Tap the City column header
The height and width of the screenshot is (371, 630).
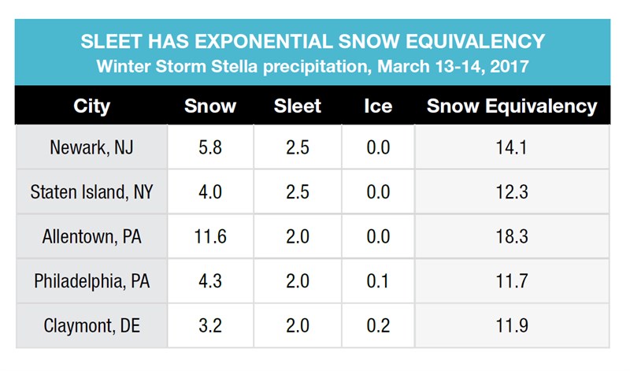tap(91, 106)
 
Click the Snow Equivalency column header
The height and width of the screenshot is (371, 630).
tap(512, 106)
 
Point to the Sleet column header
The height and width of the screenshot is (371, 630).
tap(298, 106)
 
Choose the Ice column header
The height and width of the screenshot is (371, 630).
tap(378, 106)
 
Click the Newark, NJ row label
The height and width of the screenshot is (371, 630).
tap(91, 147)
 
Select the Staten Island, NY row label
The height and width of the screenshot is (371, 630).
tap(91, 191)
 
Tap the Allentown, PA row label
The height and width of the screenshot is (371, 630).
tap(91, 236)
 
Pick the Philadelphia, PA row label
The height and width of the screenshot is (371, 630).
tap(91, 281)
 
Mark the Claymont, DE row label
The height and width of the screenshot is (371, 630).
tap(91, 325)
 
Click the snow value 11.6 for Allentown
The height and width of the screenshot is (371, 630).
tap(210, 236)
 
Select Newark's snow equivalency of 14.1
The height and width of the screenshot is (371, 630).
tap(511, 147)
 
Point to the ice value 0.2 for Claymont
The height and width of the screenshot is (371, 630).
tap(378, 325)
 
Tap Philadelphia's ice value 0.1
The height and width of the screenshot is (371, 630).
tap(378, 281)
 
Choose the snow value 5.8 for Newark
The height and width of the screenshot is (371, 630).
tap(210, 147)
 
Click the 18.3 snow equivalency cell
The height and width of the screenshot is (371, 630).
tap(511, 236)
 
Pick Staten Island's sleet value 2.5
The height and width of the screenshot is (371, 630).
tap(298, 191)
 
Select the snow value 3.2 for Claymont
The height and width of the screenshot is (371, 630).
tap(210, 325)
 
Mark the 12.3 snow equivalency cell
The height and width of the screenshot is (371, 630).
tap(511, 191)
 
